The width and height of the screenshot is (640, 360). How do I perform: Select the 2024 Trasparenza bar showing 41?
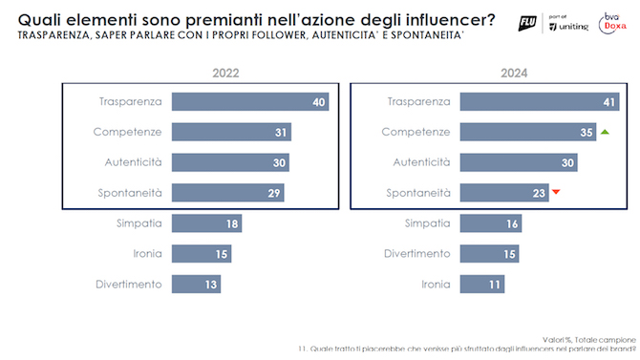[538, 101]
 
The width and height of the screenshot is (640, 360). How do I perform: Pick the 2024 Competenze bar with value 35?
[526, 132]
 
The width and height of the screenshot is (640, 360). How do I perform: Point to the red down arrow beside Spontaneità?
[556, 193]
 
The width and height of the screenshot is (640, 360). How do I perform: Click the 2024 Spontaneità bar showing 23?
[503, 193]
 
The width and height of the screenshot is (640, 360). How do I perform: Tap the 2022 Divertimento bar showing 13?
[196, 284]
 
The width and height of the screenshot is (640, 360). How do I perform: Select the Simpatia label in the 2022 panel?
[141, 223]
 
